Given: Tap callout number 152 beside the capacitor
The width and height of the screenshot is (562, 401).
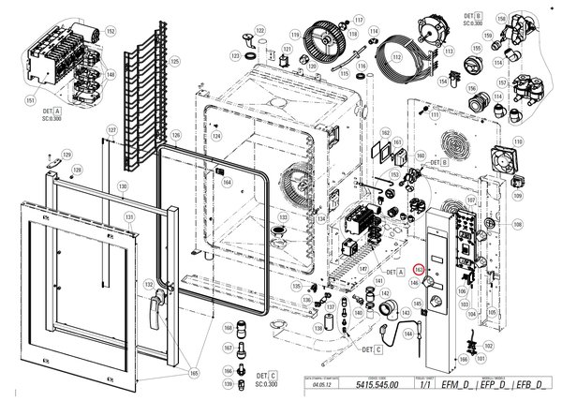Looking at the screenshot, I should coord(111,32).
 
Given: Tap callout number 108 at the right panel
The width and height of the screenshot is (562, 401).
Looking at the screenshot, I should coord(517,225).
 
